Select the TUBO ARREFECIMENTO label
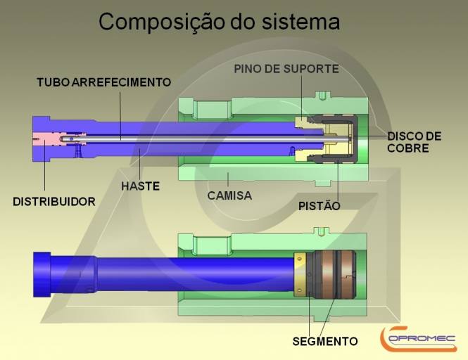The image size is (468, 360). click(103, 82)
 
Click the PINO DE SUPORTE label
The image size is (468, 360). click(286, 68)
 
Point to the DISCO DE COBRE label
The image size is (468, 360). click(415, 141)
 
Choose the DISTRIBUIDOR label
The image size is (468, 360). click(54, 202)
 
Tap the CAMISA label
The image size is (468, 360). click(229, 195)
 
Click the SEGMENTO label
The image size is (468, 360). click(324, 342)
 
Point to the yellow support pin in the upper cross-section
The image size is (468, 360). click(305, 122)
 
